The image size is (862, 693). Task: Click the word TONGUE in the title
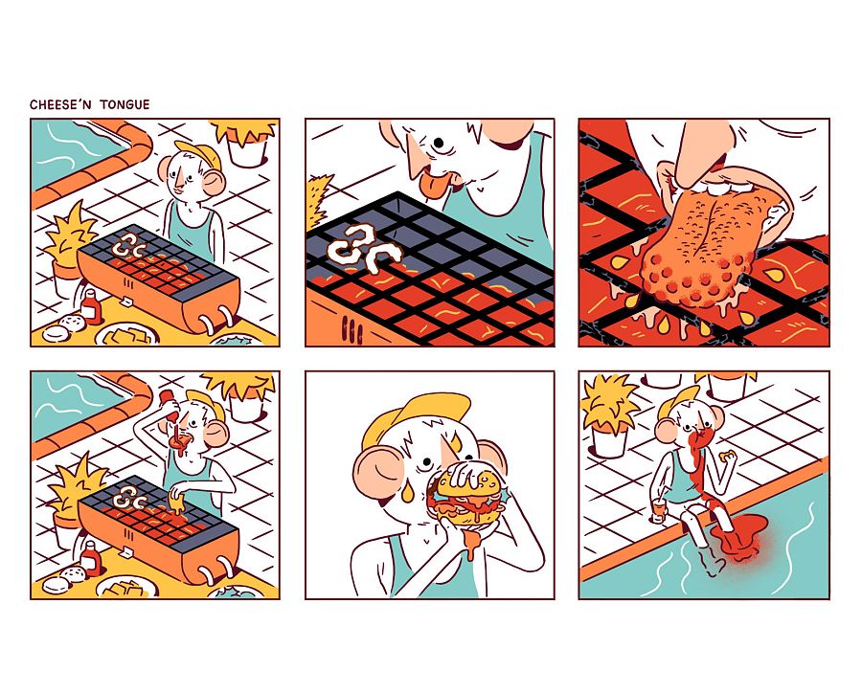(x=125, y=104)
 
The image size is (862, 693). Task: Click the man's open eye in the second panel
(x=439, y=144)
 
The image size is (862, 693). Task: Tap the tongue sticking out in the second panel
(x=434, y=184)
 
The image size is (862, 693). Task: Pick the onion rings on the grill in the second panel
(x=363, y=249)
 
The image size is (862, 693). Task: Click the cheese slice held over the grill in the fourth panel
(x=176, y=502)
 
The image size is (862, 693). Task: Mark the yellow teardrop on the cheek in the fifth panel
(x=407, y=491)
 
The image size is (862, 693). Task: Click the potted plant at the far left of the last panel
(x=609, y=414)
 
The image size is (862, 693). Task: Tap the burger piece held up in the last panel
(x=728, y=455)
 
